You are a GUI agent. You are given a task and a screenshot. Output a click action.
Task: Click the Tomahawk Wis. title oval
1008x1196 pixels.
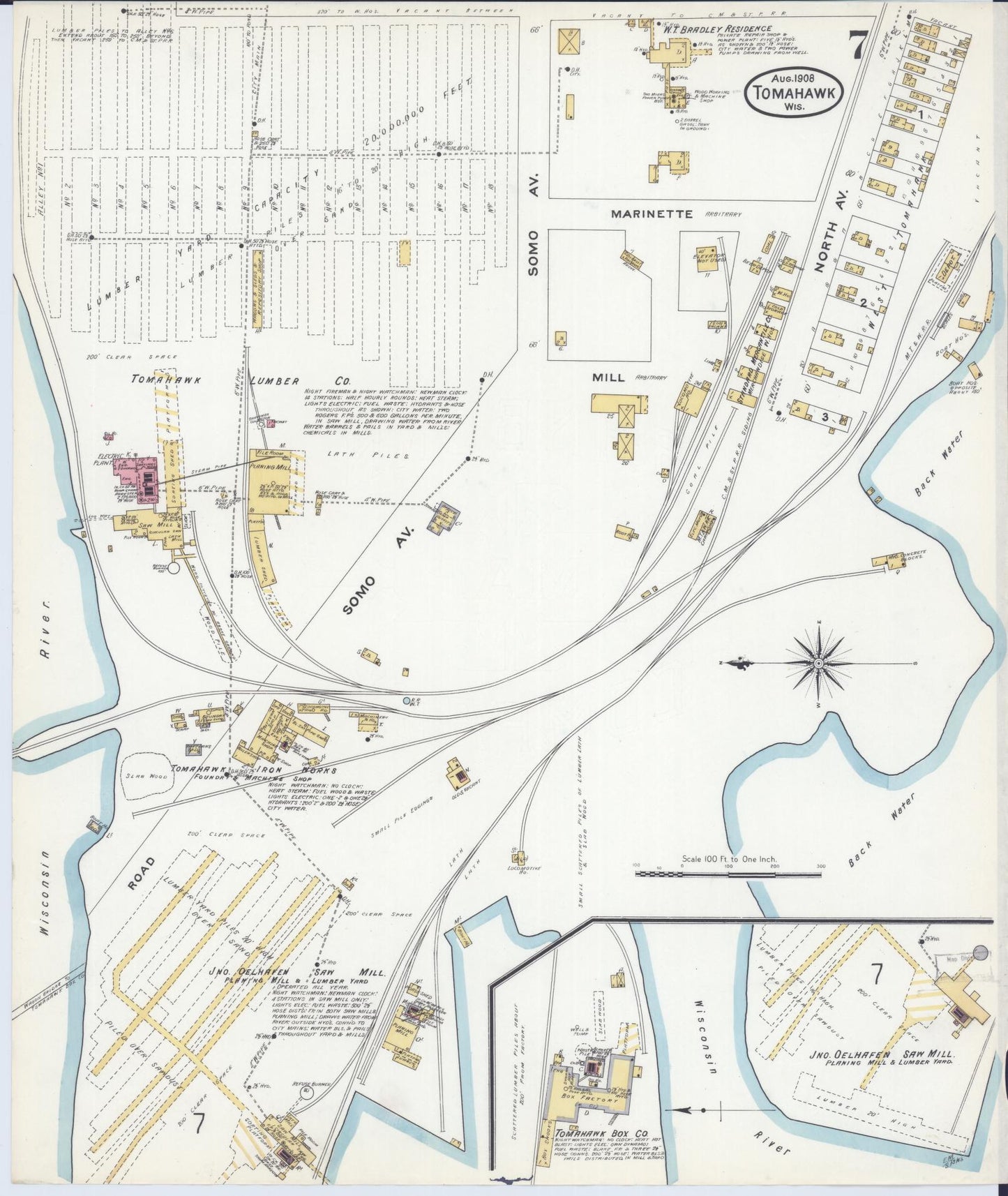tap(794, 91)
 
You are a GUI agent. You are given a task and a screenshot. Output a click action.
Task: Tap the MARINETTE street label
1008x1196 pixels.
tap(652, 214)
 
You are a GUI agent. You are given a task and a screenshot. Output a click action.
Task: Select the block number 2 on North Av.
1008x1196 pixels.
tap(863, 303)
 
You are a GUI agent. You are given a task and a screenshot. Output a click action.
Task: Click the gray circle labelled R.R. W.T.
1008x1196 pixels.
tap(407, 700)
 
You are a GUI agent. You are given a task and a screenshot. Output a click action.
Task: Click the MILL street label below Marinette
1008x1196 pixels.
tap(608, 378)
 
